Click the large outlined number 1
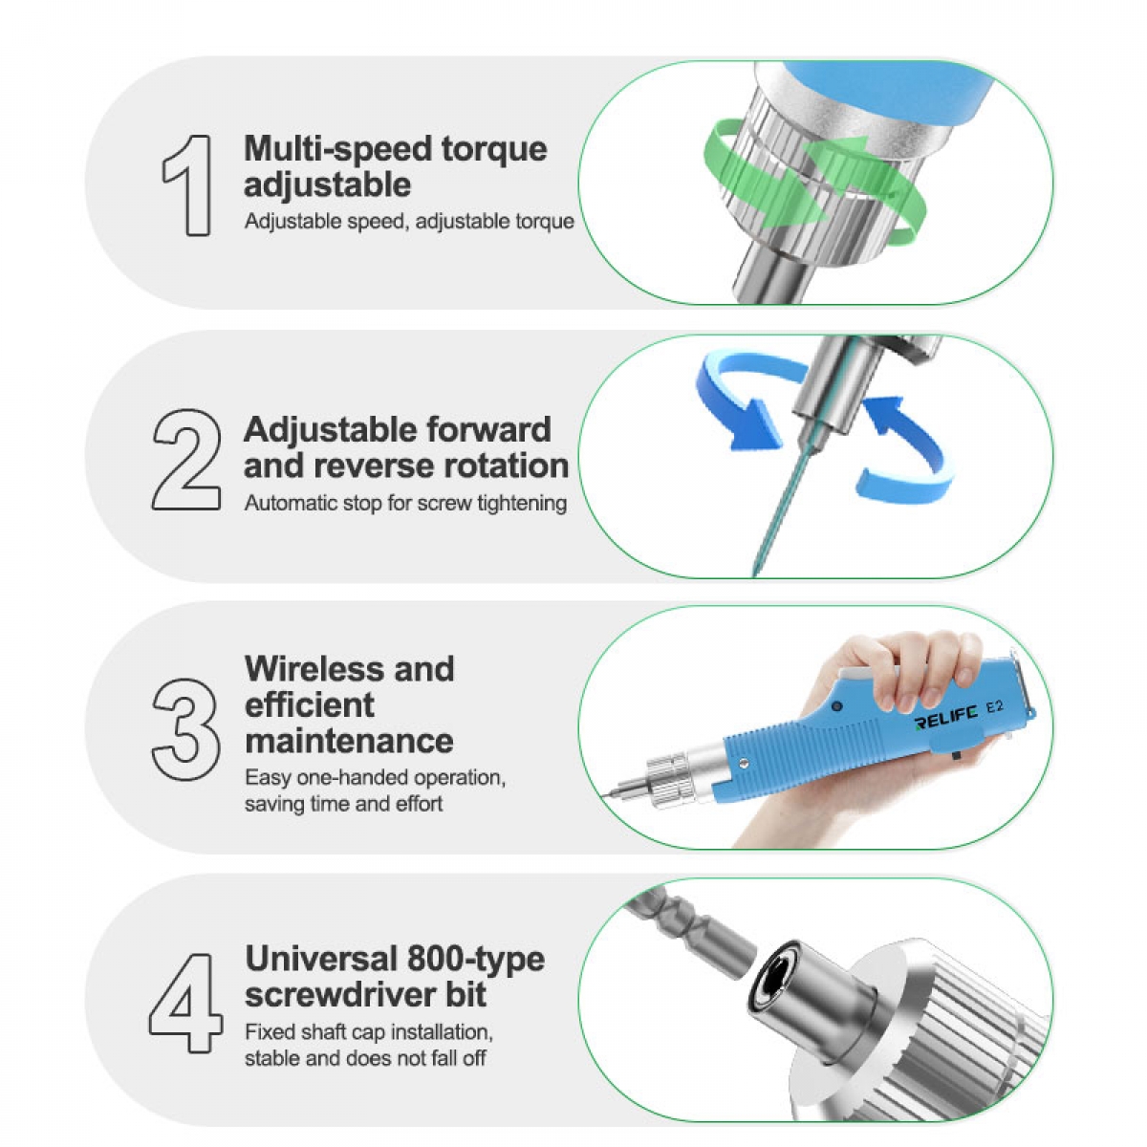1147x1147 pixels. [x=189, y=185]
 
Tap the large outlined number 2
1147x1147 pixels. [x=186, y=459]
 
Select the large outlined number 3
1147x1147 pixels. [x=186, y=728]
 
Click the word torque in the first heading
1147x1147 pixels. [x=494, y=150]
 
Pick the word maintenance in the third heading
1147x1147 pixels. [x=349, y=741]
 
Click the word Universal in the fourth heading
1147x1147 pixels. [x=321, y=959]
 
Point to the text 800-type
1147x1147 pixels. [x=476, y=959]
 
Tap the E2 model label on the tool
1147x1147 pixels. [x=995, y=706]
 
